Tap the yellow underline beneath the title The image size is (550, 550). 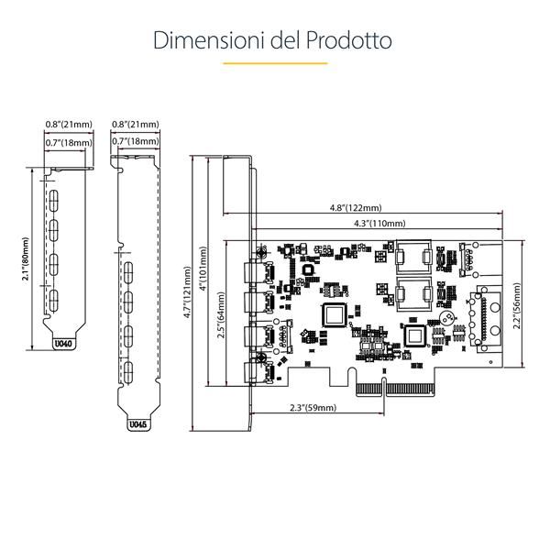[x=275, y=63]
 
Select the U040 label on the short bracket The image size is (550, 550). [x=62, y=344]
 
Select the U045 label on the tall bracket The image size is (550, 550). [x=136, y=424]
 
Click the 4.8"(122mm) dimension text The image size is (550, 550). [x=357, y=208]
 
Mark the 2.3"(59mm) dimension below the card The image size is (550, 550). [x=313, y=407]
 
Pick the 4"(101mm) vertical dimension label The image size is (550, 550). [x=202, y=275]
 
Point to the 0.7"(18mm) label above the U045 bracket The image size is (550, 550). [x=135, y=142]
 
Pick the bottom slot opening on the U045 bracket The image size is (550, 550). [x=129, y=370]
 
